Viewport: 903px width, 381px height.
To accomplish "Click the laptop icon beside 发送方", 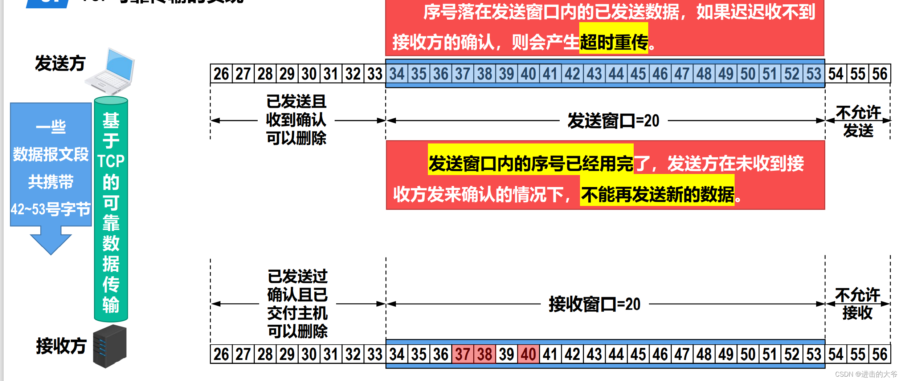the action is tap(111, 72).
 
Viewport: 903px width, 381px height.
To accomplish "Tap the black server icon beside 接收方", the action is tap(110, 346).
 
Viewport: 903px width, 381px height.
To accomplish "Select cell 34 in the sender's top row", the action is tap(397, 74).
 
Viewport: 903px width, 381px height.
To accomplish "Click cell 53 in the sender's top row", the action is tap(814, 74).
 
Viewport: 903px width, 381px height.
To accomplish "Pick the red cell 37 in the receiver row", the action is tap(463, 354).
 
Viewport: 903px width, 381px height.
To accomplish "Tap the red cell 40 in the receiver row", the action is tap(528, 354).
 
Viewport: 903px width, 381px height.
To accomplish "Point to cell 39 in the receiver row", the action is tap(507, 354).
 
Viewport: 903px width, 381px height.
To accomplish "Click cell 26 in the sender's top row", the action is tap(221, 74).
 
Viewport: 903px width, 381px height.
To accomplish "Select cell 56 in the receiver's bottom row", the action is tap(880, 354).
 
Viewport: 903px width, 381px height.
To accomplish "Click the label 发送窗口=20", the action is tap(613, 121).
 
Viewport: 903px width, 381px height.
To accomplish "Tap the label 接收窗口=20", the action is tap(594, 304).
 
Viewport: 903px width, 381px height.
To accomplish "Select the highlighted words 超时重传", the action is tap(613, 42).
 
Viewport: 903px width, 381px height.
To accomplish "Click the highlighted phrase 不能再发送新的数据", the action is tap(657, 194).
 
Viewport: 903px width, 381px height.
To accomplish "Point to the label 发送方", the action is tap(60, 64).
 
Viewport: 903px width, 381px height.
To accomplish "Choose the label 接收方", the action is tap(61, 345).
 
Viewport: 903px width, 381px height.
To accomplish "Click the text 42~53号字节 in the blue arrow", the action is tap(50, 209).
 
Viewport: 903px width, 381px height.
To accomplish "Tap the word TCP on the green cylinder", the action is tap(111, 161).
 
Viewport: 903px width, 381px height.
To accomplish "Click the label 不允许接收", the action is tap(857, 304).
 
